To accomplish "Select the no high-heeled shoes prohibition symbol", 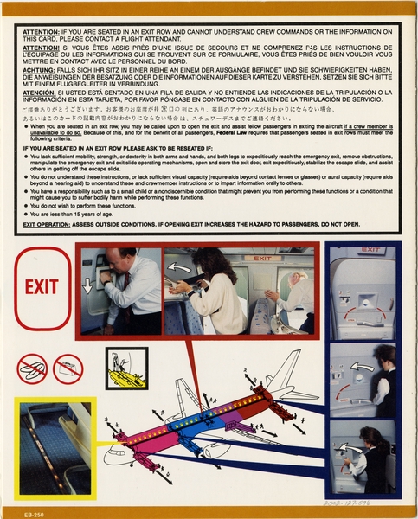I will [x=68, y=368].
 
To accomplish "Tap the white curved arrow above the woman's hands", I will [x=180, y=267].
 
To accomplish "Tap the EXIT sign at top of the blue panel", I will [x=370, y=250].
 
